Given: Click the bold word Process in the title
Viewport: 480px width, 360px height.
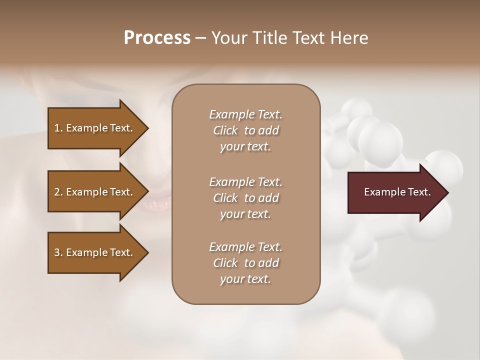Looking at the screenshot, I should coord(157,38).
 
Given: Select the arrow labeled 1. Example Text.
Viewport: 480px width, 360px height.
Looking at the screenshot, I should coord(95,128).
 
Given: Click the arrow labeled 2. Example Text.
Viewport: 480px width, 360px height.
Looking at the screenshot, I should coord(95,192).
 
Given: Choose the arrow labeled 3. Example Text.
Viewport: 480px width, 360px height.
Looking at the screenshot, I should coord(95,252).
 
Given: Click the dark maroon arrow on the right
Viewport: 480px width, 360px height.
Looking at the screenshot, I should coord(395,192).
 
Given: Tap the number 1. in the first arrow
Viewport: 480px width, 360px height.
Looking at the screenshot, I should coord(58,128).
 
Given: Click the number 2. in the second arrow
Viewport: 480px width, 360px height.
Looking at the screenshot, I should coord(58,192).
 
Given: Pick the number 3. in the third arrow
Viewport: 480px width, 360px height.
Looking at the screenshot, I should coord(58,252).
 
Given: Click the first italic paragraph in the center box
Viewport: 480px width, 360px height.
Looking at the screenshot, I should coord(245,130).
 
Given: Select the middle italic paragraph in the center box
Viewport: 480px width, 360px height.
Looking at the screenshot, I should coord(245,198).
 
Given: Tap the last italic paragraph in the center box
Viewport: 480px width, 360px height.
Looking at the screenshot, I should coord(245,263).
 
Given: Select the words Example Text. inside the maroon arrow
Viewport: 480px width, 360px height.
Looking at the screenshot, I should coord(397,192).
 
